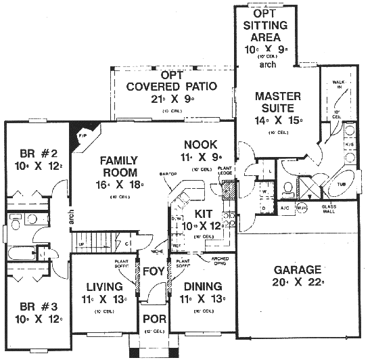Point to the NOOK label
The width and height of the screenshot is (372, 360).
200,143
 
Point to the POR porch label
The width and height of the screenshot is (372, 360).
153,320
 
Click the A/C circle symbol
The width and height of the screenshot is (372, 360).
285,208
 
